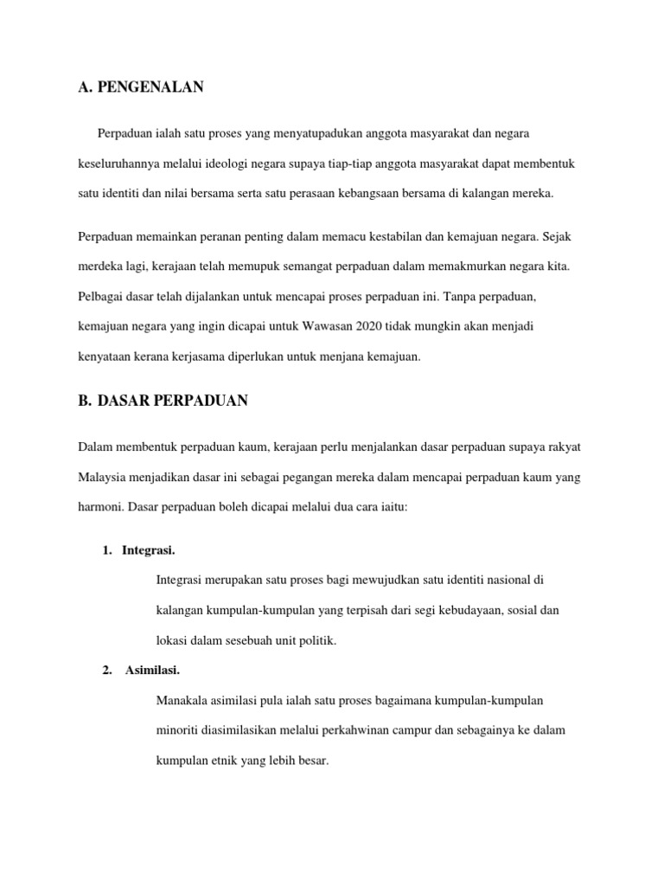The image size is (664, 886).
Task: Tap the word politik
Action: tap(316, 640)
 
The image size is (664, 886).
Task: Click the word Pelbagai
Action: tap(99, 296)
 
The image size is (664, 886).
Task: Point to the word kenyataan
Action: tap(106, 356)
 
